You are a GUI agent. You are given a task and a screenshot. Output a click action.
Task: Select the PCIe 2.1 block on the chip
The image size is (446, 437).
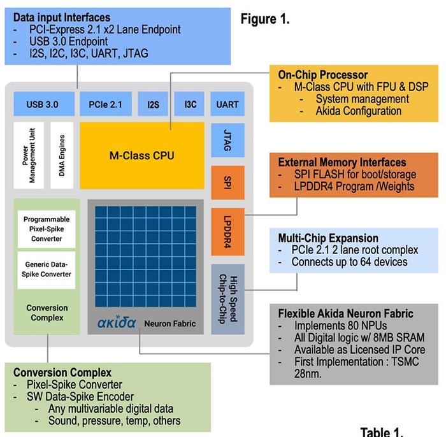tap(106, 104)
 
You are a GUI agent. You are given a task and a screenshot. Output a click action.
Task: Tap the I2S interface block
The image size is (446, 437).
tap(153, 104)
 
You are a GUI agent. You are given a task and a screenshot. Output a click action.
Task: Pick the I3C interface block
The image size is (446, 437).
tap(189, 104)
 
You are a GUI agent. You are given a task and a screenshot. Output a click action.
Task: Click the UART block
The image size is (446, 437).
tap(227, 104)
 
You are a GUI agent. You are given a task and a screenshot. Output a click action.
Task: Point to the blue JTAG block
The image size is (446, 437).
tap(227, 140)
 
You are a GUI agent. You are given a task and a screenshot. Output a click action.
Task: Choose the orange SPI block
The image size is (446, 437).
tap(227, 183)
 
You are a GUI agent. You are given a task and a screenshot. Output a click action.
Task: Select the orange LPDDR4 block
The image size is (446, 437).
tap(227, 232)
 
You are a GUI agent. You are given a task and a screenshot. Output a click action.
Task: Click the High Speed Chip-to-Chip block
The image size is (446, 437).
tap(227, 299)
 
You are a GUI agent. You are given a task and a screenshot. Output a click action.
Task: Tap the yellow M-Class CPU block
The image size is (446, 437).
tap(142, 155)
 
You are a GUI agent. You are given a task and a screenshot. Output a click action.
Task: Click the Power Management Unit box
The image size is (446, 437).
tap(29, 155)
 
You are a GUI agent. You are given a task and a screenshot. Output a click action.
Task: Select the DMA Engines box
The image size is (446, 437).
tap(62, 155)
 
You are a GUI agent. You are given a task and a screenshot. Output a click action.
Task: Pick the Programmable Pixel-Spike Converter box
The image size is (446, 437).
tap(47, 229)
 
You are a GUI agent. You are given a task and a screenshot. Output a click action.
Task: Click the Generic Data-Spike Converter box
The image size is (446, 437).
tap(47, 270)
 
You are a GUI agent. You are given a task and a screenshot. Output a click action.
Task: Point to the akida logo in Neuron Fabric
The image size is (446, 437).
tap(117, 322)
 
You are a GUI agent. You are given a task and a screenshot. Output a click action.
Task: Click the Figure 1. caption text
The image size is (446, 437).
tap(265, 19)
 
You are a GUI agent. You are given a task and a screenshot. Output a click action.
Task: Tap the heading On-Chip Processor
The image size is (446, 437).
tap(323, 75)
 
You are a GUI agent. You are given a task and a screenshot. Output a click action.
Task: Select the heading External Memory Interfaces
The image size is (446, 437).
tap(342, 162)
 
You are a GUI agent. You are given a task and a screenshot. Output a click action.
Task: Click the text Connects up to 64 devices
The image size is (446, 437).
tap(349, 262)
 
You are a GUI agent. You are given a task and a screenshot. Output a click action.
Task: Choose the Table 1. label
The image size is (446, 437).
tap(382, 432)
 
